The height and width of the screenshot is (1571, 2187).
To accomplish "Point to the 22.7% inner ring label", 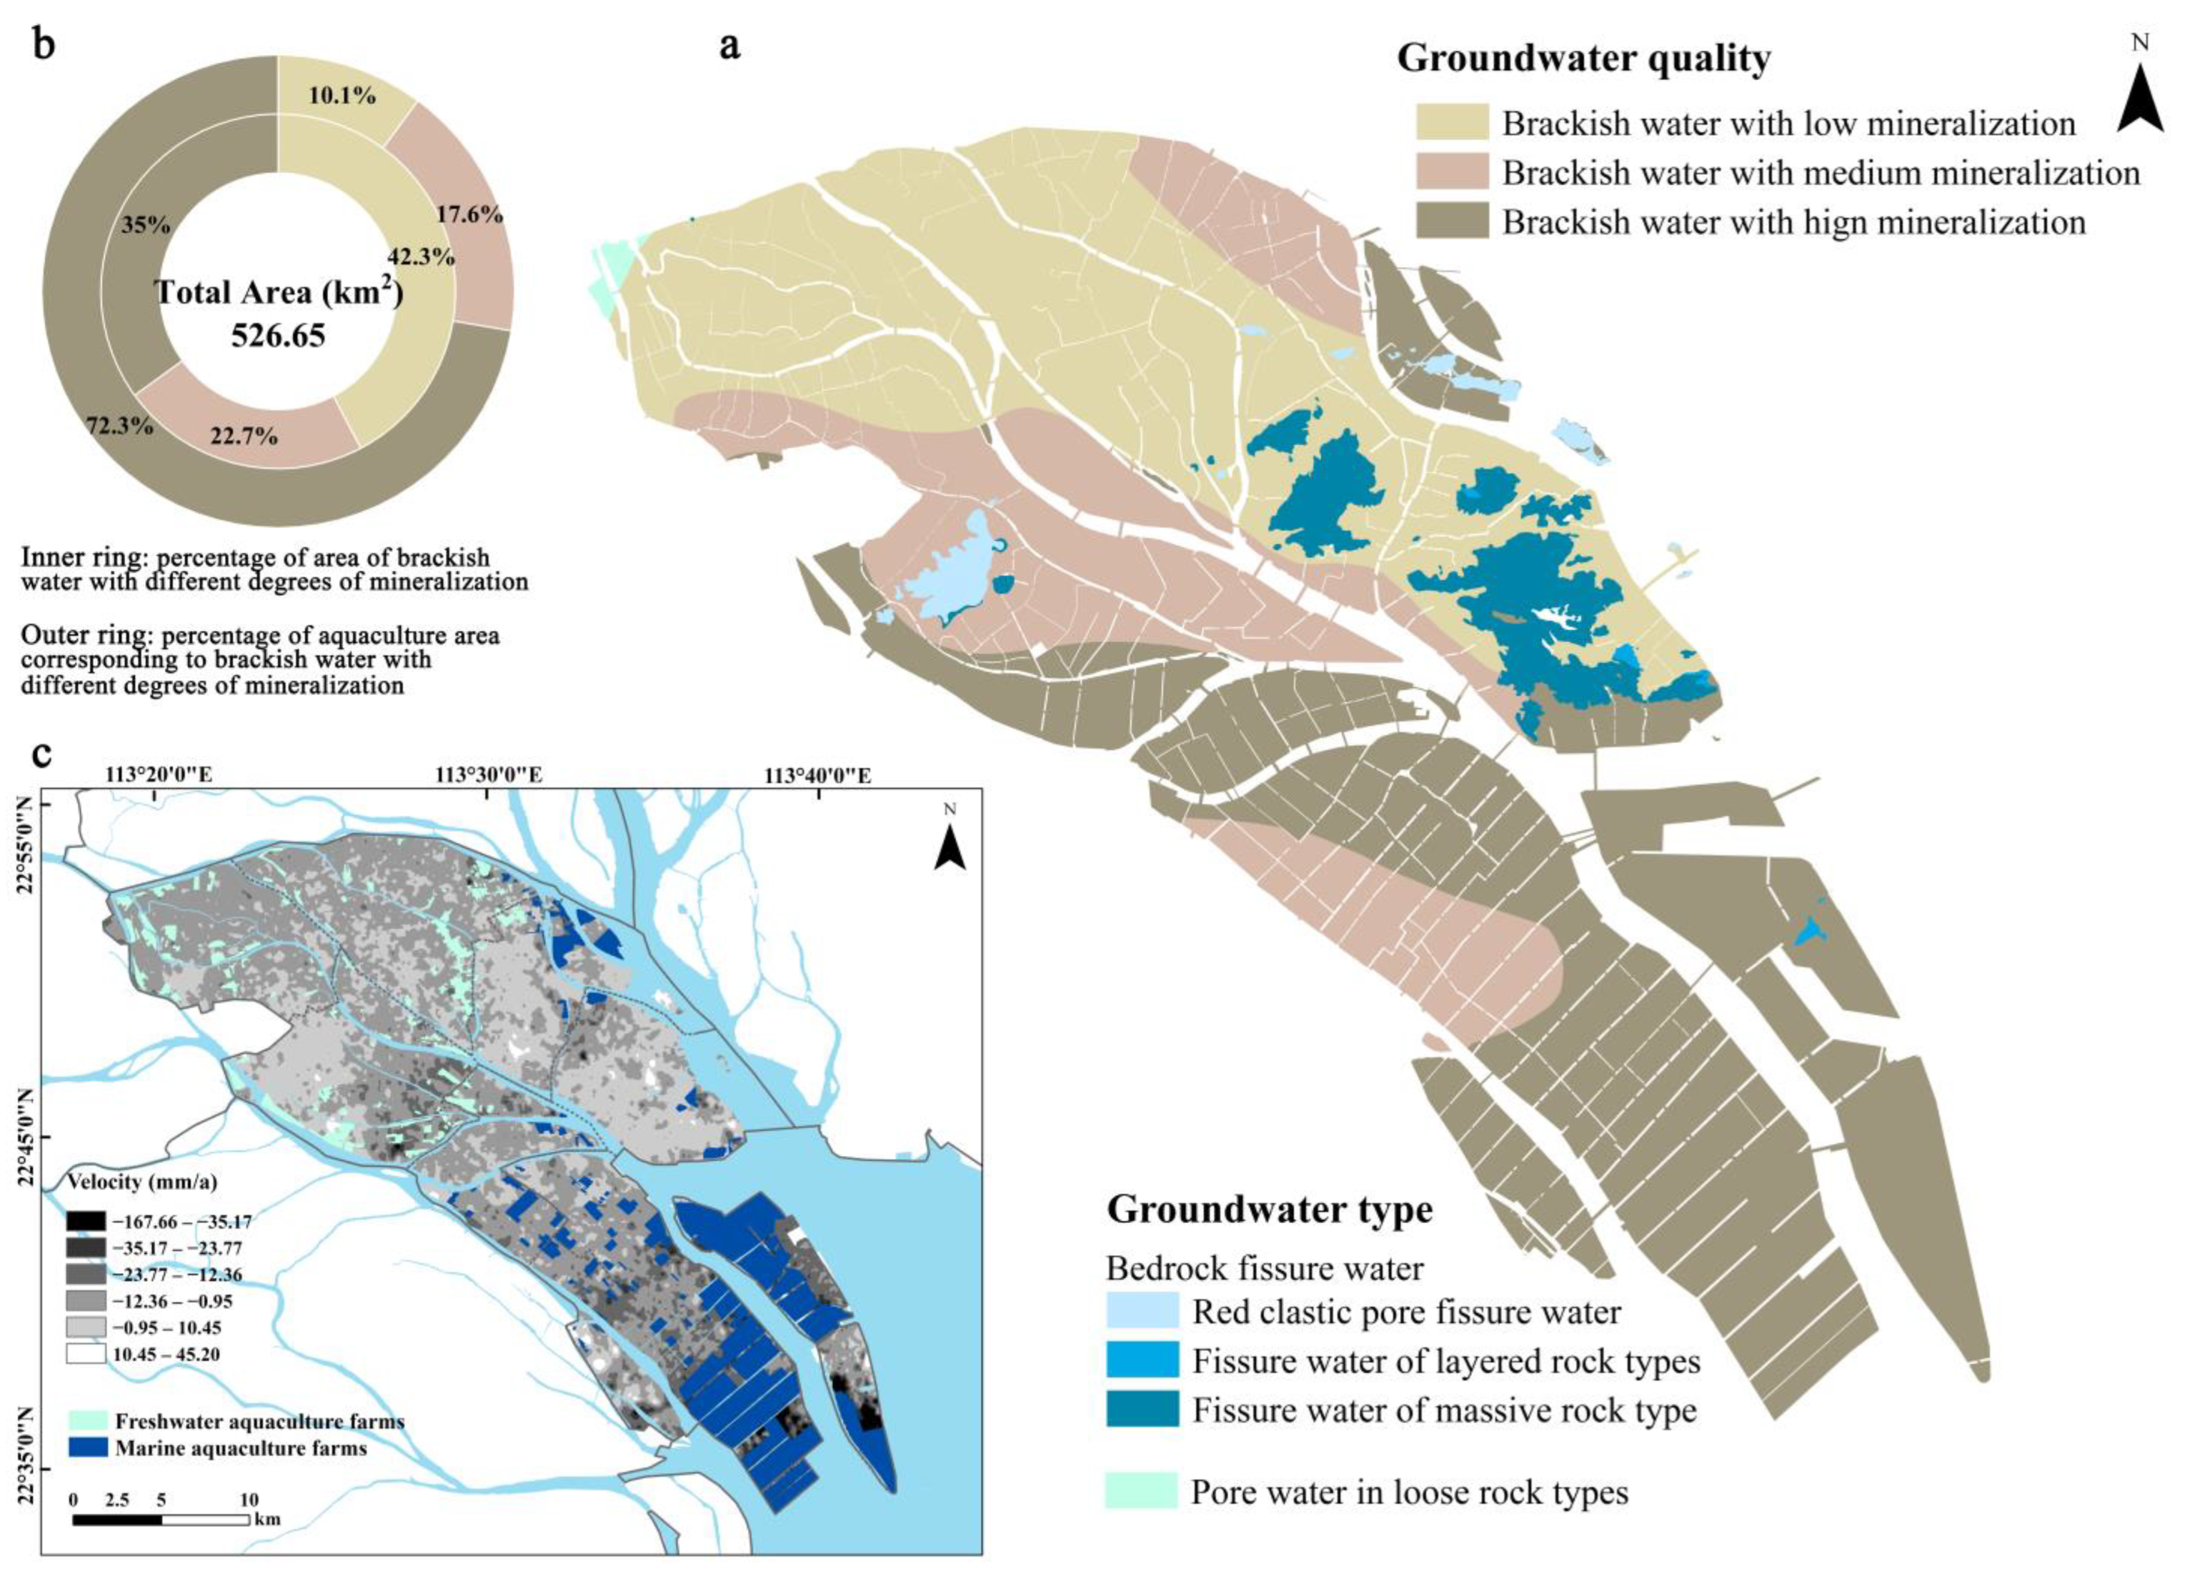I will (x=244, y=436).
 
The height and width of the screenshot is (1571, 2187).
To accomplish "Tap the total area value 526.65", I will (x=279, y=335).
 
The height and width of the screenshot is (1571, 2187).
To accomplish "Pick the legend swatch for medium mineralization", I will (x=1452, y=173).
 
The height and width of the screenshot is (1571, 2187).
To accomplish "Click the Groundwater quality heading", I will (x=1584, y=59).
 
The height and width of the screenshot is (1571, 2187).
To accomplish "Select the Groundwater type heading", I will (x=1269, y=1209).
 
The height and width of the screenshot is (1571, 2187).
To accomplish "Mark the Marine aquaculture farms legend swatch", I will (x=88, y=1448).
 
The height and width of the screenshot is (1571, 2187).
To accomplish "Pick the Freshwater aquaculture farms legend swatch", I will (x=88, y=1421).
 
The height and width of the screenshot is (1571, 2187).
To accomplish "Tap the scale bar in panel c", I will (x=161, y=1520).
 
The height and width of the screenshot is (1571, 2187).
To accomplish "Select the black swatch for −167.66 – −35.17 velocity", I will (x=85, y=1221).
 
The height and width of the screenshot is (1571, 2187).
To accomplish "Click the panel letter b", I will (x=44, y=45).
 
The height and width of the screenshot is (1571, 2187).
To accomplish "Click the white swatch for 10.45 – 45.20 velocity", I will (x=85, y=1354).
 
